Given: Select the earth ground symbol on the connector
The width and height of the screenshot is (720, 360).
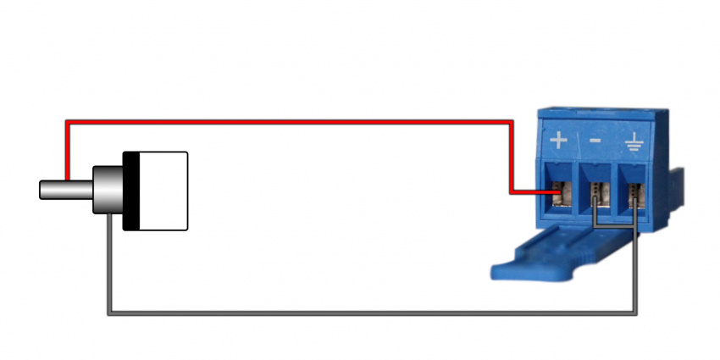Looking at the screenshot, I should click(633, 141).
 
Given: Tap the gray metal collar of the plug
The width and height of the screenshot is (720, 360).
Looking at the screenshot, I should click(107, 190).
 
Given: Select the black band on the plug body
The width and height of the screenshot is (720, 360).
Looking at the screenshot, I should click(130, 191).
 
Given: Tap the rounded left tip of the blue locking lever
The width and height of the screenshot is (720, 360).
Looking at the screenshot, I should click(497, 272).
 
